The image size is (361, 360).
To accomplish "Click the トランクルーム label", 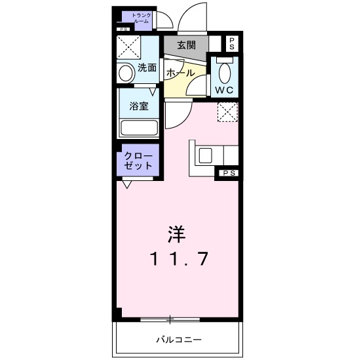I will pyautogui.click(x=142, y=18).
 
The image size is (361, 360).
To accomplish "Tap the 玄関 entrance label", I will pyautogui.click(x=186, y=45).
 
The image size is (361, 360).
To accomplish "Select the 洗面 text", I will pyautogui.click(x=147, y=68).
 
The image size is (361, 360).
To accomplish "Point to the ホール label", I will pyautogui.click(x=179, y=72).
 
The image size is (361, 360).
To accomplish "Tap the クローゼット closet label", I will pyautogui.click(x=138, y=161).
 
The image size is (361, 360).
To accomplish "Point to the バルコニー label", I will pyautogui.click(x=178, y=340).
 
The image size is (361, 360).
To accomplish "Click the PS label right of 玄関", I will pyautogui.click(x=231, y=44).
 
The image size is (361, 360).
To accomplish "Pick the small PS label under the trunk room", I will pyautogui.click(x=124, y=29).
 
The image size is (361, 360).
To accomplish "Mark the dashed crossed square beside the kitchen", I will pyautogui.click(x=227, y=111).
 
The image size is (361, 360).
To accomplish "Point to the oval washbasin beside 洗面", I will pyautogui.click(x=125, y=72).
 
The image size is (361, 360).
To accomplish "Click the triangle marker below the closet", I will pyautogui.click(x=126, y=184).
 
